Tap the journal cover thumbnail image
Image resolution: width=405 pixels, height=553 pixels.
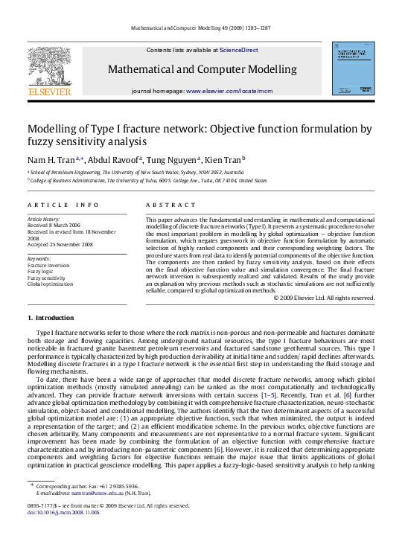click(x=354, y=68)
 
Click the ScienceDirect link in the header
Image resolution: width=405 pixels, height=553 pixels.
click(x=239, y=50)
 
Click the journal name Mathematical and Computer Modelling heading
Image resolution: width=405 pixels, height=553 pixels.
click(x=202, y=69)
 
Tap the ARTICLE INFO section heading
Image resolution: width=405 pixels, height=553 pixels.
click(x=63, y=205)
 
